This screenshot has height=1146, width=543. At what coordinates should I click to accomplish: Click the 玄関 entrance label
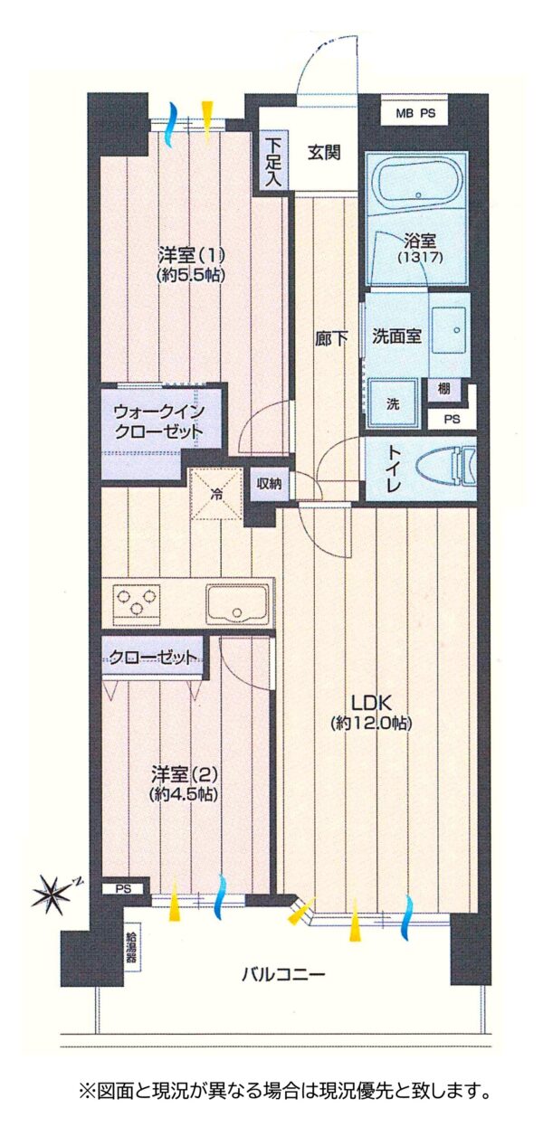[324, 152]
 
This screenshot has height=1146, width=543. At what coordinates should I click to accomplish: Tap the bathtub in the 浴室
[419, 181]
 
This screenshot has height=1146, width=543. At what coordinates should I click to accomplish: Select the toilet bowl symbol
[446, 468]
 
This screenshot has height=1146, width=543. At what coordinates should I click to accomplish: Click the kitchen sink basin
[237, 604]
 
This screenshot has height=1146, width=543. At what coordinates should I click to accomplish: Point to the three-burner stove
[136, 602]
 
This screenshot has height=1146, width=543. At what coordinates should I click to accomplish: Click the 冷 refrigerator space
[217, 494]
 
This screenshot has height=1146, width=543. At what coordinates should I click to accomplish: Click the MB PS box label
[415, 113]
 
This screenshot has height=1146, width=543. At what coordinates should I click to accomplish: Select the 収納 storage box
[269, 483]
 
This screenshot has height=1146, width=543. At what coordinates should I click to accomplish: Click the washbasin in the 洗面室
[449, 330]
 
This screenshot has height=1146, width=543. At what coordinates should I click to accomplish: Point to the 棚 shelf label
[443, 389]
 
